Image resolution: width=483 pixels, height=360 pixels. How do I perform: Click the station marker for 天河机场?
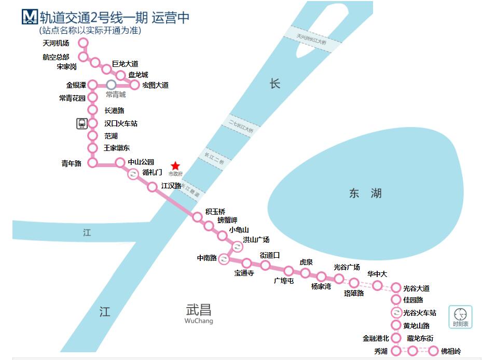(x=83, y=43)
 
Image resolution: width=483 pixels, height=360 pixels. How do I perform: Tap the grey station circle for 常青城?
(x=111, y=85)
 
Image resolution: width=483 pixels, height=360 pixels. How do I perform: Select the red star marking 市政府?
(x=175, y=165)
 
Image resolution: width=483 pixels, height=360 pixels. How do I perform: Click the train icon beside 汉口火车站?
(x=82, y=123)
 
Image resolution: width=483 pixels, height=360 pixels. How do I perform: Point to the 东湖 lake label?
(x=365, y=193)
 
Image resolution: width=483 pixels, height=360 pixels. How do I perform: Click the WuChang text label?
(x=199, y=321)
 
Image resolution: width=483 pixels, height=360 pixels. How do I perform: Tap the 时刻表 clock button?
(x=460, y=316)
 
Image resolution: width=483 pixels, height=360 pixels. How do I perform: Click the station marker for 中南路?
(x=224, y=258)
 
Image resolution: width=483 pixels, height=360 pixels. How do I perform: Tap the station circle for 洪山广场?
(x=238, y=246)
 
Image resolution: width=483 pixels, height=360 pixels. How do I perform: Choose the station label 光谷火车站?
(x=420, y=313)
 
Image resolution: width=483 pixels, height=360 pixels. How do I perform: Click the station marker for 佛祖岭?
(x=434, y=351)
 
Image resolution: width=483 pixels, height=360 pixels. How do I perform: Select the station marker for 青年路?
(x=93, y=163)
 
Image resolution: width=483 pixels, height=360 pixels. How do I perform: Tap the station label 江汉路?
(x=171, y=185)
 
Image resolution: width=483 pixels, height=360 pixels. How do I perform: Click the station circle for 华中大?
(x=377, y=285)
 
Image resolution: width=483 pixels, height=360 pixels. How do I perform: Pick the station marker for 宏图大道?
(x=135, y=85)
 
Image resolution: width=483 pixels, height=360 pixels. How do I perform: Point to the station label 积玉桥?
(x=215, y=211)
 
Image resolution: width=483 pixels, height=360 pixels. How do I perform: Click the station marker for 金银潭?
(x=93, y=85)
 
